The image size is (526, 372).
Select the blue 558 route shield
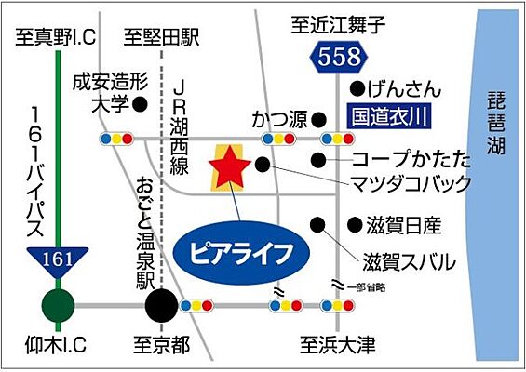pos(337,58)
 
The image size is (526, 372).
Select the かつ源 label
pos(278,120)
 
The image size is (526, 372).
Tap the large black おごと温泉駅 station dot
pos(160,304)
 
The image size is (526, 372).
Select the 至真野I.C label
pos(55,38)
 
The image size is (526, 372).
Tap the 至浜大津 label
pos(337,347)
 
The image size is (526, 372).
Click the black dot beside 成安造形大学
pos(142,103)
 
